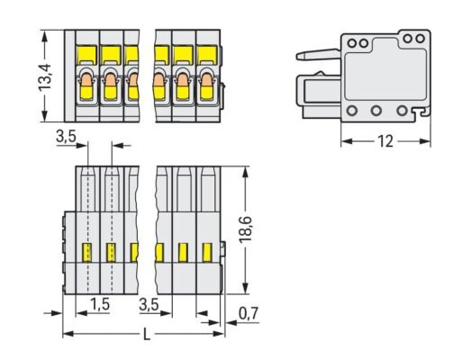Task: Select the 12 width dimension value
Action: pyautogui.click(x=385, y=142)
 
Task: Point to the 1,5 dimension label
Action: pyautogui.click(x=102, y=306)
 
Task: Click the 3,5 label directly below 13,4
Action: pyautogui.click(x=66, y=138)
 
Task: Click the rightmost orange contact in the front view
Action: pyautogui.click(x=207, y=86)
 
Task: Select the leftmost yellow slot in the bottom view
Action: pyautogui.click(x=88, y=251)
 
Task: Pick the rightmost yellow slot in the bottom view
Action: pyautogui.click(x=207, y=251)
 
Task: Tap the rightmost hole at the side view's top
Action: pyautogui.click(x=420, y=39)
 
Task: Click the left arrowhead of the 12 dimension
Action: pyautogui.click(x=344, y=142)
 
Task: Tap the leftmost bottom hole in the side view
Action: pyautogui.click(x=351, y=111)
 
